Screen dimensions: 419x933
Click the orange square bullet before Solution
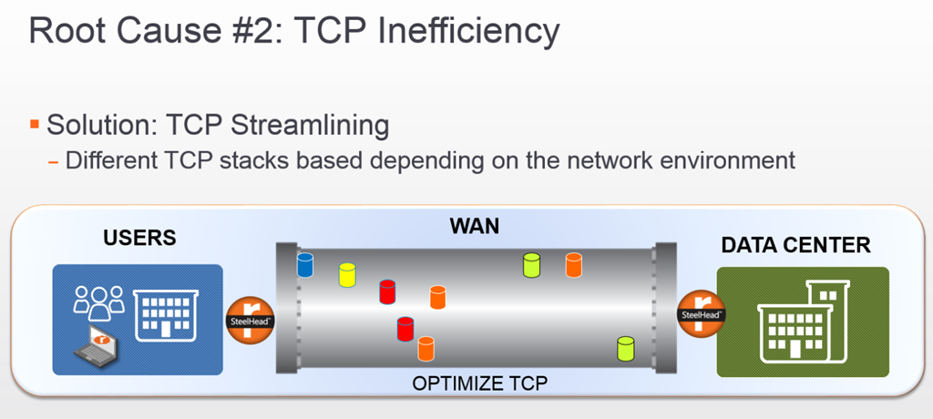point(35,123)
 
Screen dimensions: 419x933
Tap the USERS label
point(138,239)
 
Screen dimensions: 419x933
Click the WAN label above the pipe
point(474,225)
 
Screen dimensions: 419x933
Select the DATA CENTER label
point(795,244)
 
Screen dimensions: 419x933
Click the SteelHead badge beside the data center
point(701,314)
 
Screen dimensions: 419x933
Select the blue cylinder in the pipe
point(305,265)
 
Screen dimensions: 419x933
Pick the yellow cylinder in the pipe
point(347,274)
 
